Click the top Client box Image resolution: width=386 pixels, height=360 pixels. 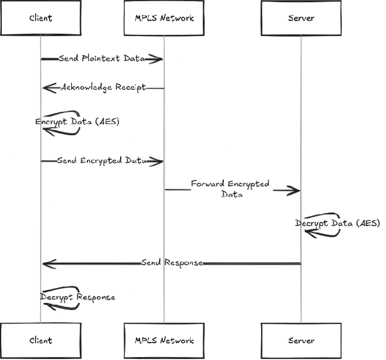click(x=40, y=18)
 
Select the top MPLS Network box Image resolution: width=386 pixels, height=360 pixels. click(x=164, y=18)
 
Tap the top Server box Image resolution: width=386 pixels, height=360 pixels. click(x=301, y=18)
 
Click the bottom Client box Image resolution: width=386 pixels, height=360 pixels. click(x=40, y=340)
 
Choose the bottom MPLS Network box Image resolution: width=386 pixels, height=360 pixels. click(x=164, y=340)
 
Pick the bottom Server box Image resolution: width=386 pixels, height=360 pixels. click(x=301, y=340)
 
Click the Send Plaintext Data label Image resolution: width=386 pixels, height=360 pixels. click(x=102, y=58)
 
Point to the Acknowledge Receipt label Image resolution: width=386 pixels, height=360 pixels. click(x=103, y=87)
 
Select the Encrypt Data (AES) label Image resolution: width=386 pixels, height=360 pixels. click(x=77, y=122)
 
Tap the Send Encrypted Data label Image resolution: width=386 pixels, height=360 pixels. click(x=102, y=161)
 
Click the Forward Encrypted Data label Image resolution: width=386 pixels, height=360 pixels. click(x=230, y=189)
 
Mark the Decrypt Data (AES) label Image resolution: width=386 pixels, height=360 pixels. click(x=338, y=223)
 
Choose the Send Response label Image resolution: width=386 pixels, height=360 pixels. click(x=172, y=263)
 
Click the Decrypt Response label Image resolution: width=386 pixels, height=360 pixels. click(x=78, y=297)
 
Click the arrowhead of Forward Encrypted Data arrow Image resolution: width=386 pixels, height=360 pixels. click(x=294, y=191)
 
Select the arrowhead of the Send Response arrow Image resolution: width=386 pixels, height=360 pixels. click(x=48, y=264)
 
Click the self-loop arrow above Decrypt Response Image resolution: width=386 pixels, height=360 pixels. click(x=66, y=289)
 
